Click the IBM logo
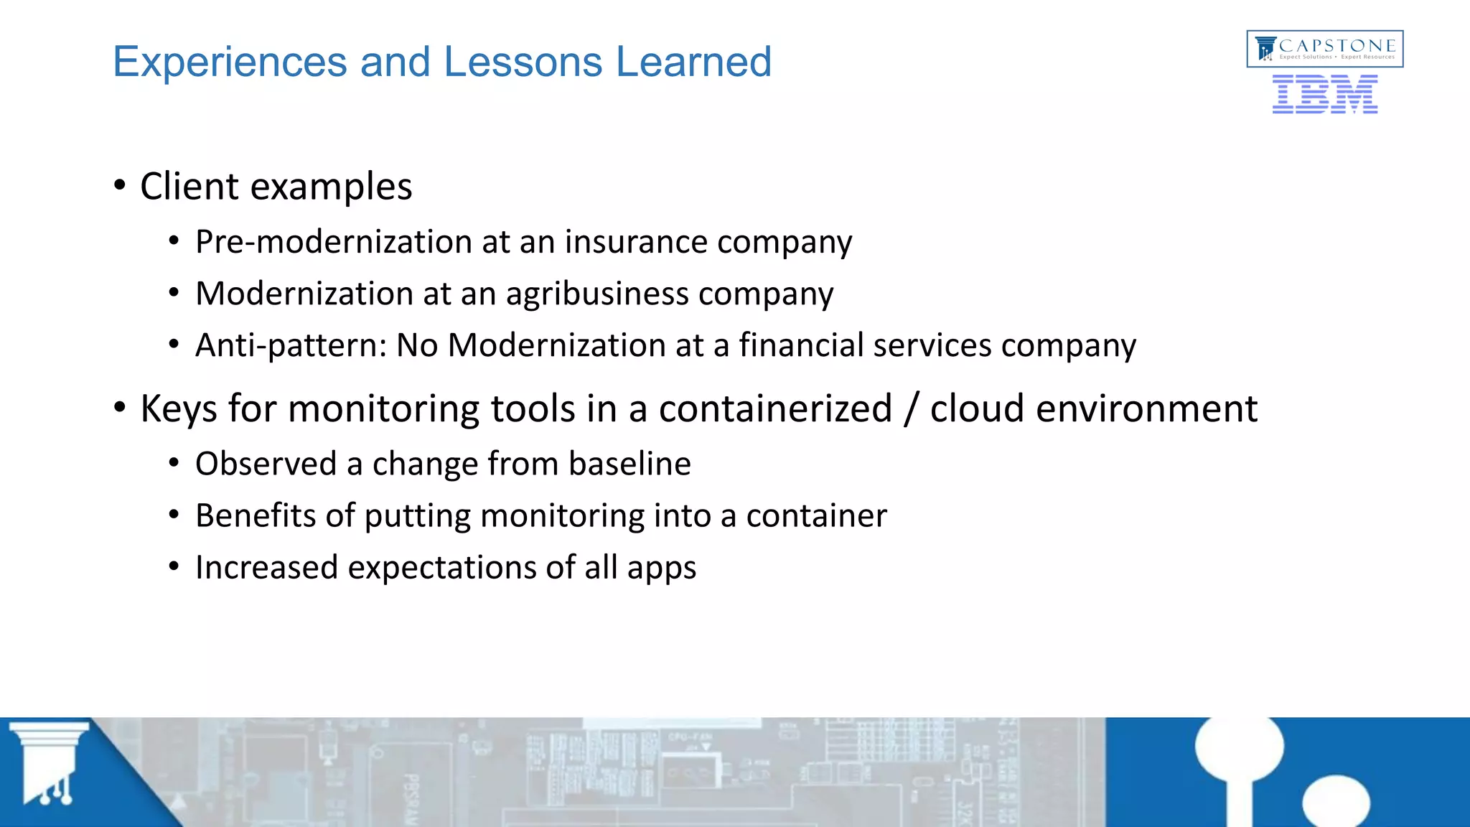click(x=1324, y=95)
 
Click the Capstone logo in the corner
click(x=1324, y=49)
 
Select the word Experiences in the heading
click(x=230, y=62)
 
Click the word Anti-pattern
click(x=291, y=346)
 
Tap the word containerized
click(x=775, y=409)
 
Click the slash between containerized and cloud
click(x=911, y=409)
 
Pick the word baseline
click(x=629, y=464)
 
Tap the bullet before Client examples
click(x=120, y=186)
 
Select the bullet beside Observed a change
click(x=174, y=464)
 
